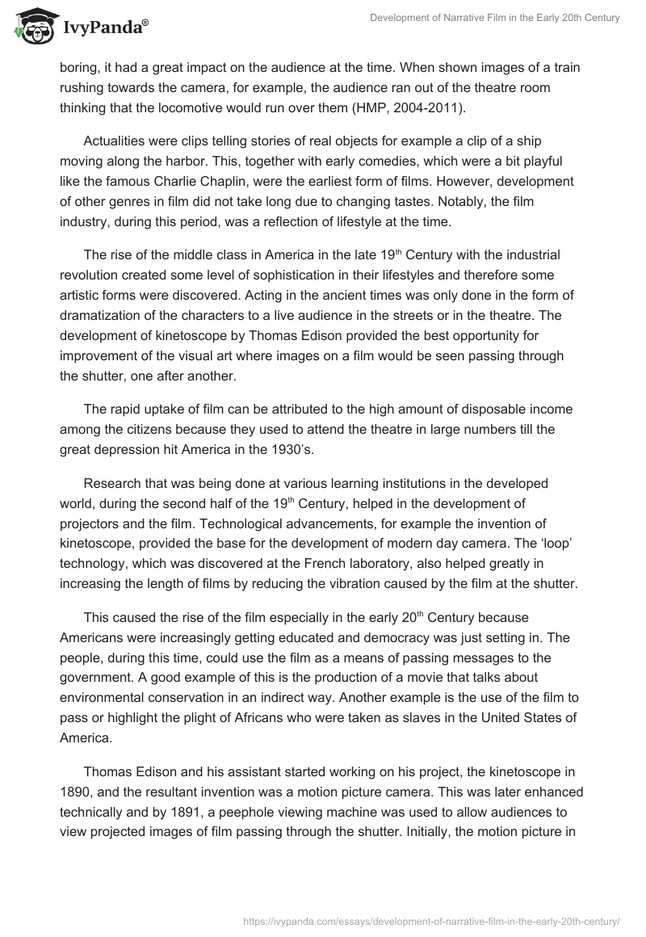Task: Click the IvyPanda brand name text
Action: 104,27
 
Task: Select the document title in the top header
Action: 495,18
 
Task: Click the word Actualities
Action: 115,142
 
